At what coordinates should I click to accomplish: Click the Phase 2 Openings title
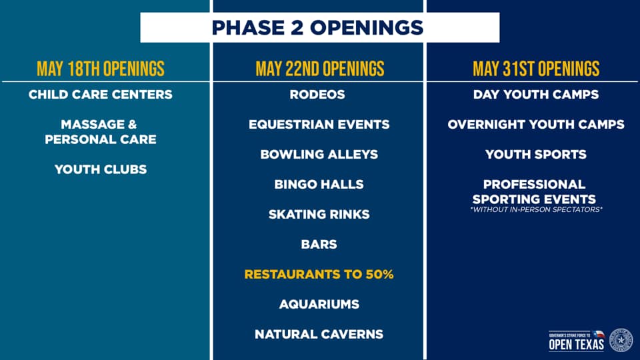coord(319,27)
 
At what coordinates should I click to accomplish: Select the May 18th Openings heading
coord(101,69)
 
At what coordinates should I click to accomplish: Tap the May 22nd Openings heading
coord(319,69)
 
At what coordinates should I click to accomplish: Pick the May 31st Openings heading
coord(536,69)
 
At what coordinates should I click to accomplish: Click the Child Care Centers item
coord(101,95)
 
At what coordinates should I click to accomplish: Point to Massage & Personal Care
coord(101,132)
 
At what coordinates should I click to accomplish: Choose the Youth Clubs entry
coord(101,169)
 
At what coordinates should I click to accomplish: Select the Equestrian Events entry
coord(319,125)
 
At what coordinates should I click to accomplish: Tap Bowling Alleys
coord(319,155)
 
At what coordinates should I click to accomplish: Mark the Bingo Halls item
coord(319,185)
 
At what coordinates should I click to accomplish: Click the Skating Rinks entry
coord(319,215)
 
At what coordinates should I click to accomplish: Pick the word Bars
coord(319,245)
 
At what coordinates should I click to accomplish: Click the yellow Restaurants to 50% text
coord(319,275)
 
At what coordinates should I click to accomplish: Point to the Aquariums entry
coord(319,305)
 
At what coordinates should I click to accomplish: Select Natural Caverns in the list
coord(319,335)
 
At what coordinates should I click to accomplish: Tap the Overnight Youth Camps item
coord(536,125)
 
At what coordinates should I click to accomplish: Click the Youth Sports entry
coord(536,155)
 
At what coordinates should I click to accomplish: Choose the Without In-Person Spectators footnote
coord(536,210)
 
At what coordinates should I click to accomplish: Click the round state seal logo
coord(621,340)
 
